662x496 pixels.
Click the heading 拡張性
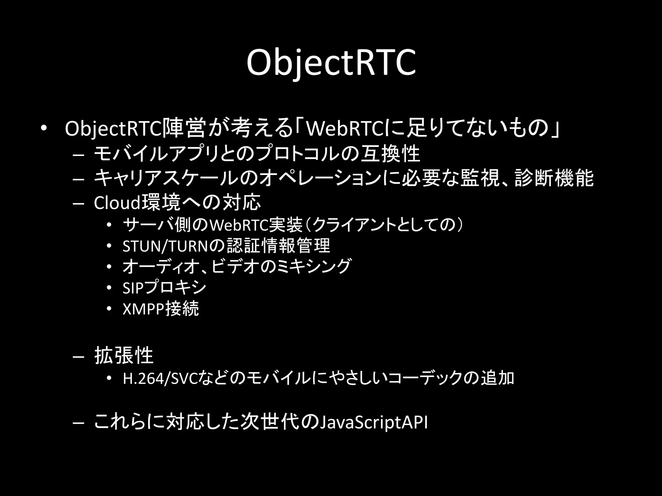[123, 356]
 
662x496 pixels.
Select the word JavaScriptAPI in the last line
[373, 422]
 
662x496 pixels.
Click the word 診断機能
[554, 178]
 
